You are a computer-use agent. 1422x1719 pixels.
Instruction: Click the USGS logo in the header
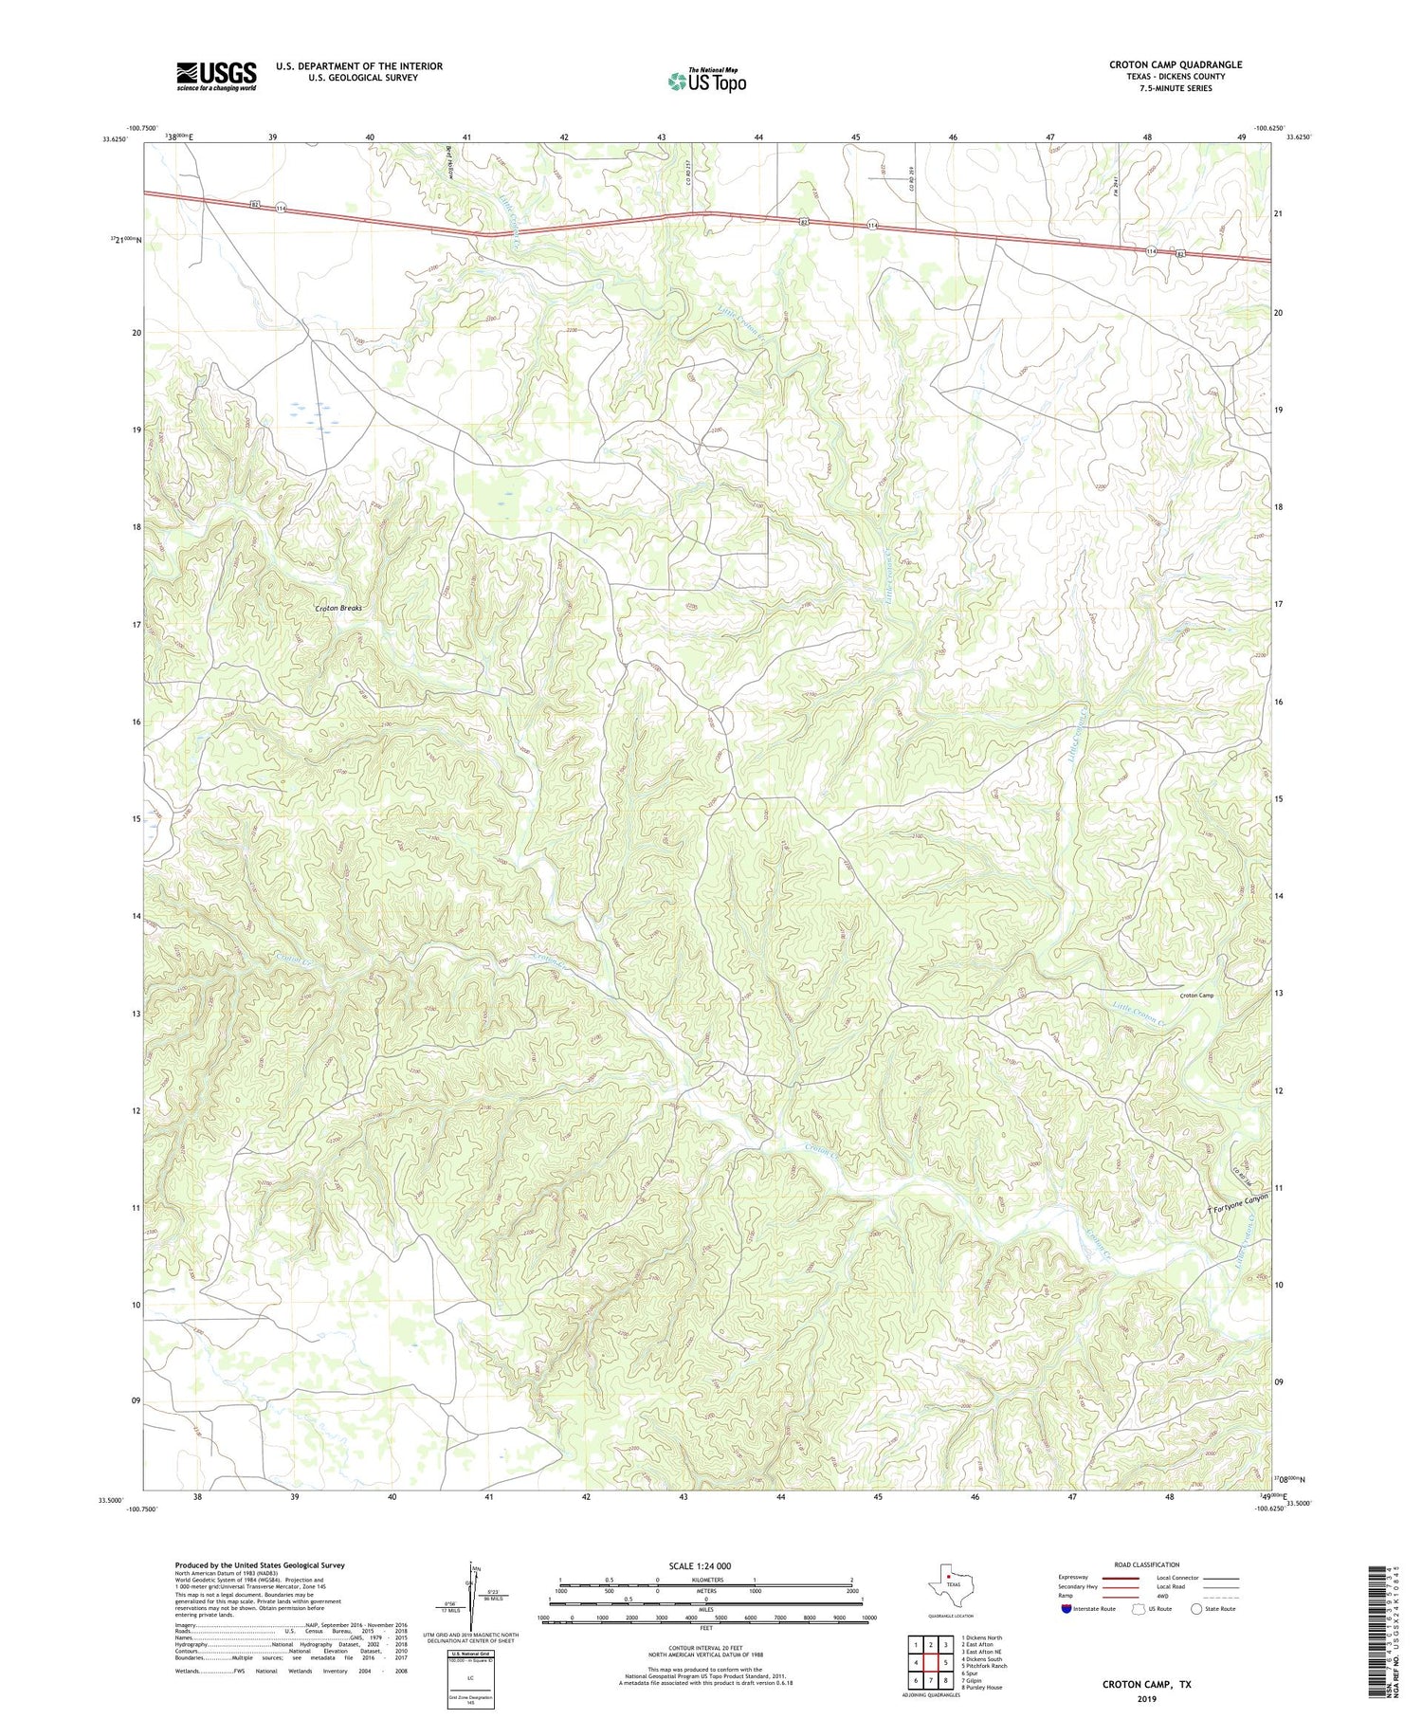pyautogui.click(x=215, y=76)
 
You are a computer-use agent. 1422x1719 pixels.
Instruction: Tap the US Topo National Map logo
pyautogui.click(x=706, y=81)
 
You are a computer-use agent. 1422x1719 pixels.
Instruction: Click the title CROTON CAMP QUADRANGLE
pyautogui.click(x=1175, y=64)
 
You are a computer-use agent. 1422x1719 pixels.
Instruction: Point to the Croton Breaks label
pyautogui.click(x=338, y=608)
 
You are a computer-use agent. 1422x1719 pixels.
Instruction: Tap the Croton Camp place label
pyautogui.click(x=1196, y=996)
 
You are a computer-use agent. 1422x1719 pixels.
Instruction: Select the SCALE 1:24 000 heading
pyautogui.click(x=700, y=1565)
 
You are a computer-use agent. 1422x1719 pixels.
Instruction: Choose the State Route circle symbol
pyautogui.click(x=1196, y=1608)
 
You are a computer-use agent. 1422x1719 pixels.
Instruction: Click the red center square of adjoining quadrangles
pyautogui.click(x=931, y=1662)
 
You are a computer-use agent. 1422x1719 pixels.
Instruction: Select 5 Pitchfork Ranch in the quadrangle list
pyautogui.click(x=983, y=1666)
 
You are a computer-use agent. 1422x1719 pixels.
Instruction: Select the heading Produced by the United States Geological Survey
pyautogui.click(x=260, y=1565)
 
